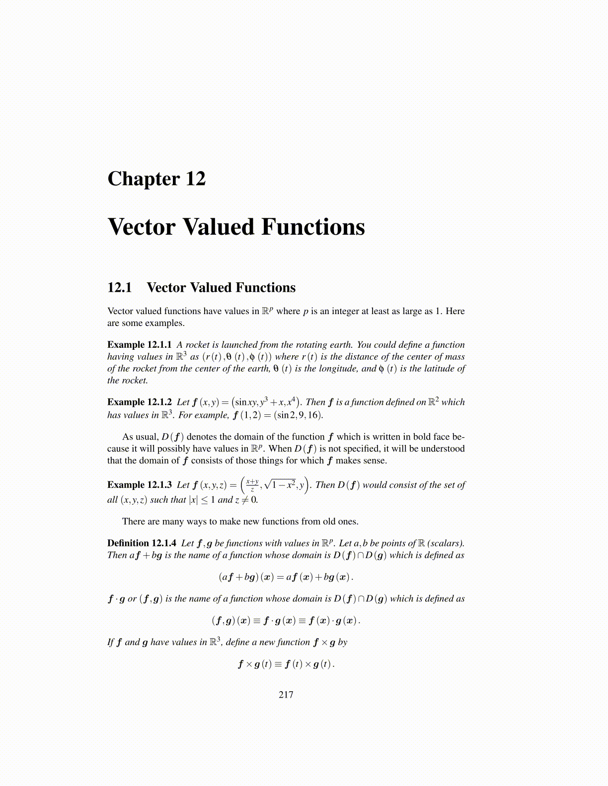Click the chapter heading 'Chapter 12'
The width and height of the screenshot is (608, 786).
point(156,179)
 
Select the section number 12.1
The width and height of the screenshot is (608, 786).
point(120,288)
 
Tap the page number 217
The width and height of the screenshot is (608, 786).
point(286,695)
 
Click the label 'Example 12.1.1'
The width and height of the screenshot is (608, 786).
point(140,345)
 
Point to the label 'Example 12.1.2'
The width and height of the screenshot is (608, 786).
point(140,402)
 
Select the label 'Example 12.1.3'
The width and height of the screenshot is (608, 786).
point(140,485)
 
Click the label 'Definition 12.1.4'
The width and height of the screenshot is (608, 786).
point(142,543)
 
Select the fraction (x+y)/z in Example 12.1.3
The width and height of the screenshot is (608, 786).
point(252,484)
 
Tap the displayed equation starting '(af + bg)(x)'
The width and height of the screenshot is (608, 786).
point(286,577)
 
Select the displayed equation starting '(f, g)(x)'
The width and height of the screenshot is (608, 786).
point(286,621)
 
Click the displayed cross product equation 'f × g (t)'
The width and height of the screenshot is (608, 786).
point(286,664)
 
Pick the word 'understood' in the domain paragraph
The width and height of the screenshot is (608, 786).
point(443,449)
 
